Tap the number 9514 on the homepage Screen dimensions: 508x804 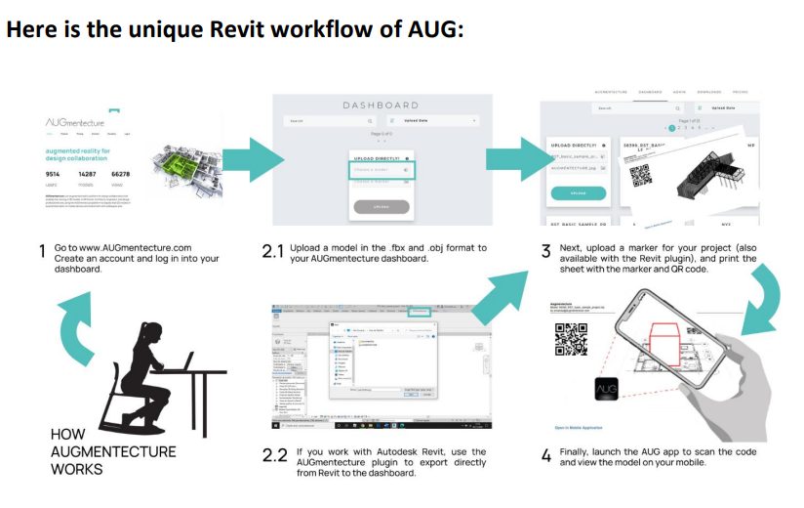coord(53,174)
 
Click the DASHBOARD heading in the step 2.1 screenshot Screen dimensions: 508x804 coord(381,105)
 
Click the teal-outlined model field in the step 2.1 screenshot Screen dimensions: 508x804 coord(382,169)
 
